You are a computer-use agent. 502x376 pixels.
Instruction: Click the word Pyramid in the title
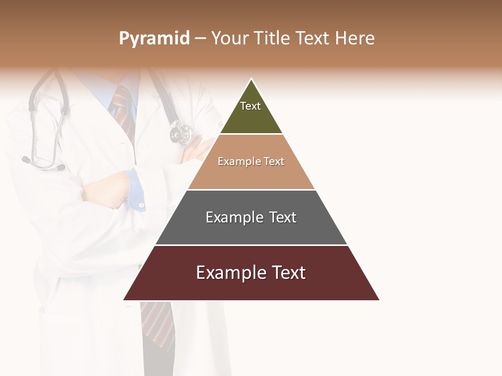pyautogui.click(x=154, y=39)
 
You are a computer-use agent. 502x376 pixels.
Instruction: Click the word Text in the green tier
pyautogui.click(x=250, y=106)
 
